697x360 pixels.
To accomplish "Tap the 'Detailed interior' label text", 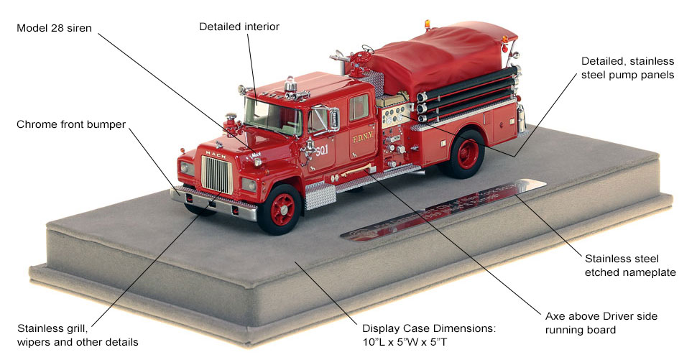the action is click(x=239, y=27).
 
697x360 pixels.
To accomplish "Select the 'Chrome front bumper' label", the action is click(x=70, y=124).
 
